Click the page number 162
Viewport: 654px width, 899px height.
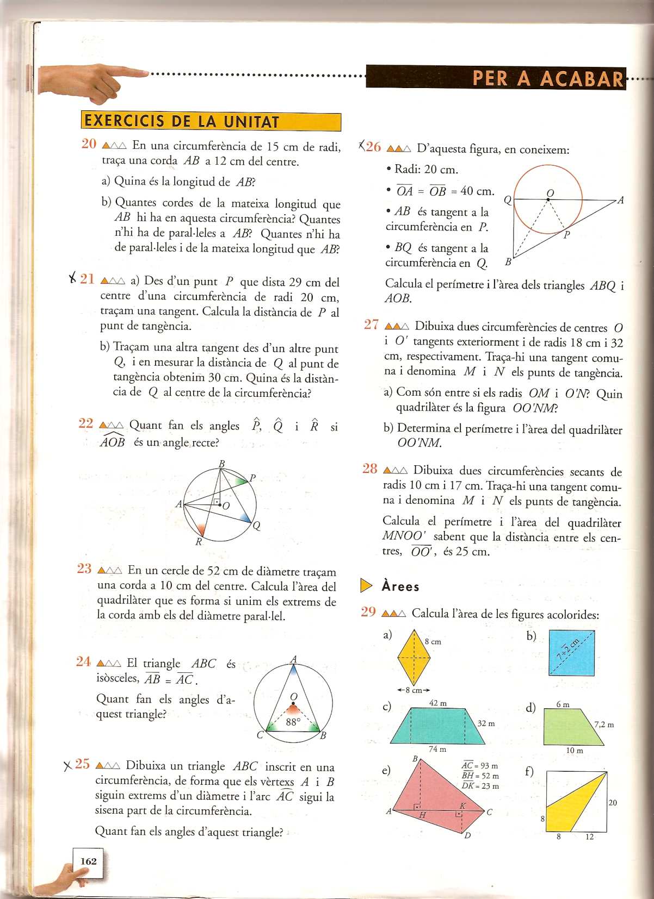click(88, 861)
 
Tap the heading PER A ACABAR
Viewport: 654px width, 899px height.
click(547, 79)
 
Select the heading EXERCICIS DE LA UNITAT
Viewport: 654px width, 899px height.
click(182, 121)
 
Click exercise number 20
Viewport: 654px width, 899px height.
click(89, 144)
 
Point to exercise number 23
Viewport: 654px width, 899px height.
click(84, 569)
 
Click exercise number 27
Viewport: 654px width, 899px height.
click(372, 324)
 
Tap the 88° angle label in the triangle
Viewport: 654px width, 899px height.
click(293, 722)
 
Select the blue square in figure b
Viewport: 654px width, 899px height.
click(571, 652)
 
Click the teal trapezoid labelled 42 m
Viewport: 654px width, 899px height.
click(437, 726)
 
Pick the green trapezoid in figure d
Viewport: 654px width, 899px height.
click(571, 727)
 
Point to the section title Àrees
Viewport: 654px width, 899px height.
click(400, 586)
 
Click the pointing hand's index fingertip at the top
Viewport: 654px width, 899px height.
click(146, 72)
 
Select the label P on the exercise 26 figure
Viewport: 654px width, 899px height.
click(566, 235)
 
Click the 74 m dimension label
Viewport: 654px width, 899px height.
click(437, 749)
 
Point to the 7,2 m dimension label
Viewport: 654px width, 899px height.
click(603, 725)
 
